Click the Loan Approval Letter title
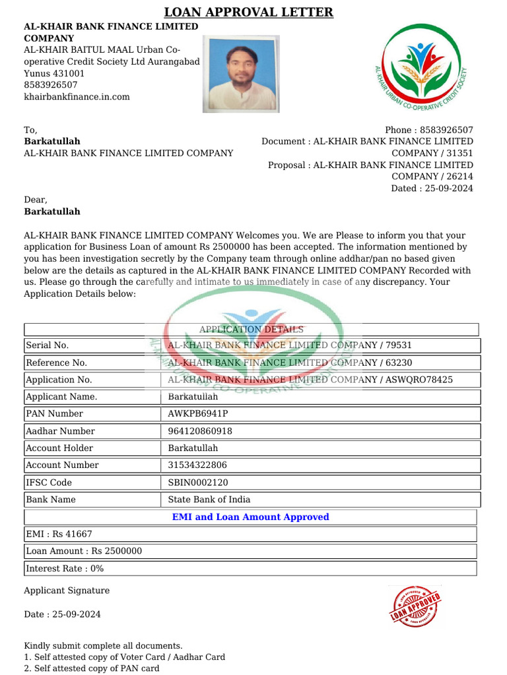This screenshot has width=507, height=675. (x=248, y=12)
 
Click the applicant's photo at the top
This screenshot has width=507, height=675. (x=241, y=73)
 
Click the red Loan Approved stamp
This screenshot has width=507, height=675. (x=415, y=605)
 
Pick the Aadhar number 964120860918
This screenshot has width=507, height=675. (x=200, y=431)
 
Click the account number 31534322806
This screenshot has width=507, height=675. (x=197, y=465)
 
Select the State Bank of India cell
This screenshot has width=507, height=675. (x=209, y=500)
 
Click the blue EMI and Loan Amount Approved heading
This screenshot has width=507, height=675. (x=250, y=517)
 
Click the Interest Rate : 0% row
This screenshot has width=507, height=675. (x=65, y=568)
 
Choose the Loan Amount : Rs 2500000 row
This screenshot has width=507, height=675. (x=84, y=551)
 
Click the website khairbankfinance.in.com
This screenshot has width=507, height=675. (x=77, y=97)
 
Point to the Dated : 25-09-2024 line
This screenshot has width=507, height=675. (x=432, y=189)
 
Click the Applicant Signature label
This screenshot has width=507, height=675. (x=67, y=591)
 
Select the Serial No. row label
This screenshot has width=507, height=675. (x=48, y=345)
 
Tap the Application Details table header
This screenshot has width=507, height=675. (x=251, y=330)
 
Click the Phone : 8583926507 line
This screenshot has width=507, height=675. (x=428, y=130)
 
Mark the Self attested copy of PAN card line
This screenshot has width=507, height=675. (x=92, y=668)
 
